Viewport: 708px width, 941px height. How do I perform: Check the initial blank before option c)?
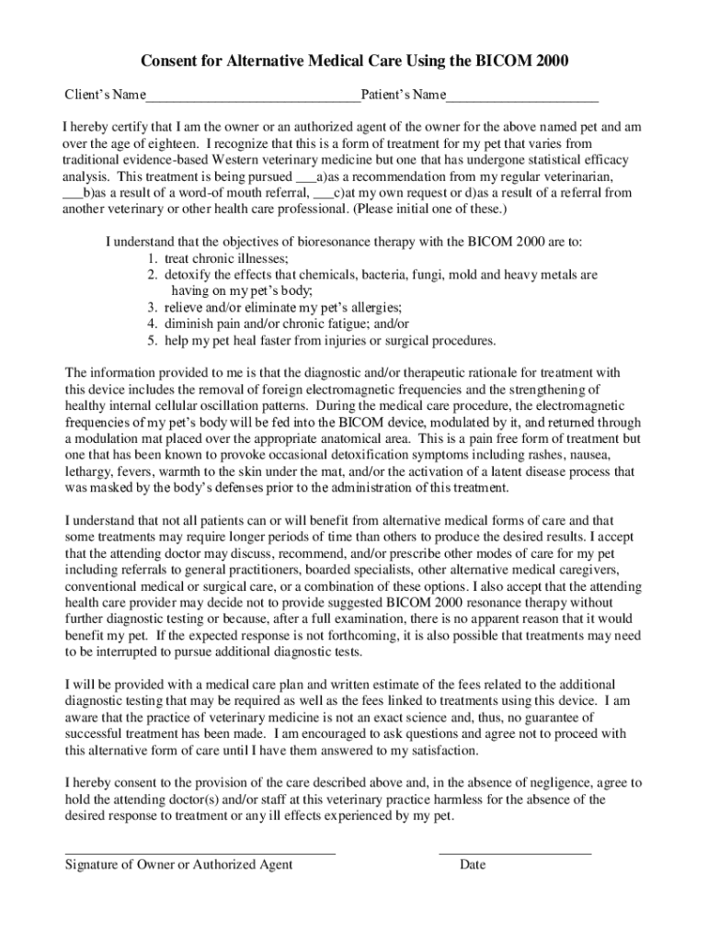324,193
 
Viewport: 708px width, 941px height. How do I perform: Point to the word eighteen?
168,144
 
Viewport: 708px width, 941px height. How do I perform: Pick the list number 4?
150,324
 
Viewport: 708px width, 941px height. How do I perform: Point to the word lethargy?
89,471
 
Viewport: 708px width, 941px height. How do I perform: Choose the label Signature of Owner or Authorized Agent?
178,865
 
